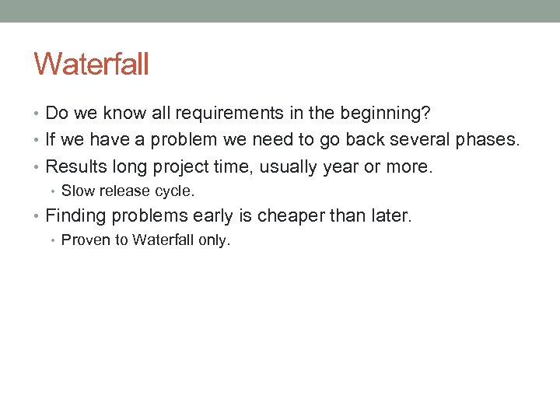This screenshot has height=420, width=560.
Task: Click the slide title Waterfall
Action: [91, 64]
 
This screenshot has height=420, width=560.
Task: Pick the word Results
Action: [75, 166]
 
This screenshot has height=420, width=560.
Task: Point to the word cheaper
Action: [292, 216]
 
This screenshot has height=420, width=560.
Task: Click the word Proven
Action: [82, 240]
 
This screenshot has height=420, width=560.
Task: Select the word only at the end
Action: [214, 240]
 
